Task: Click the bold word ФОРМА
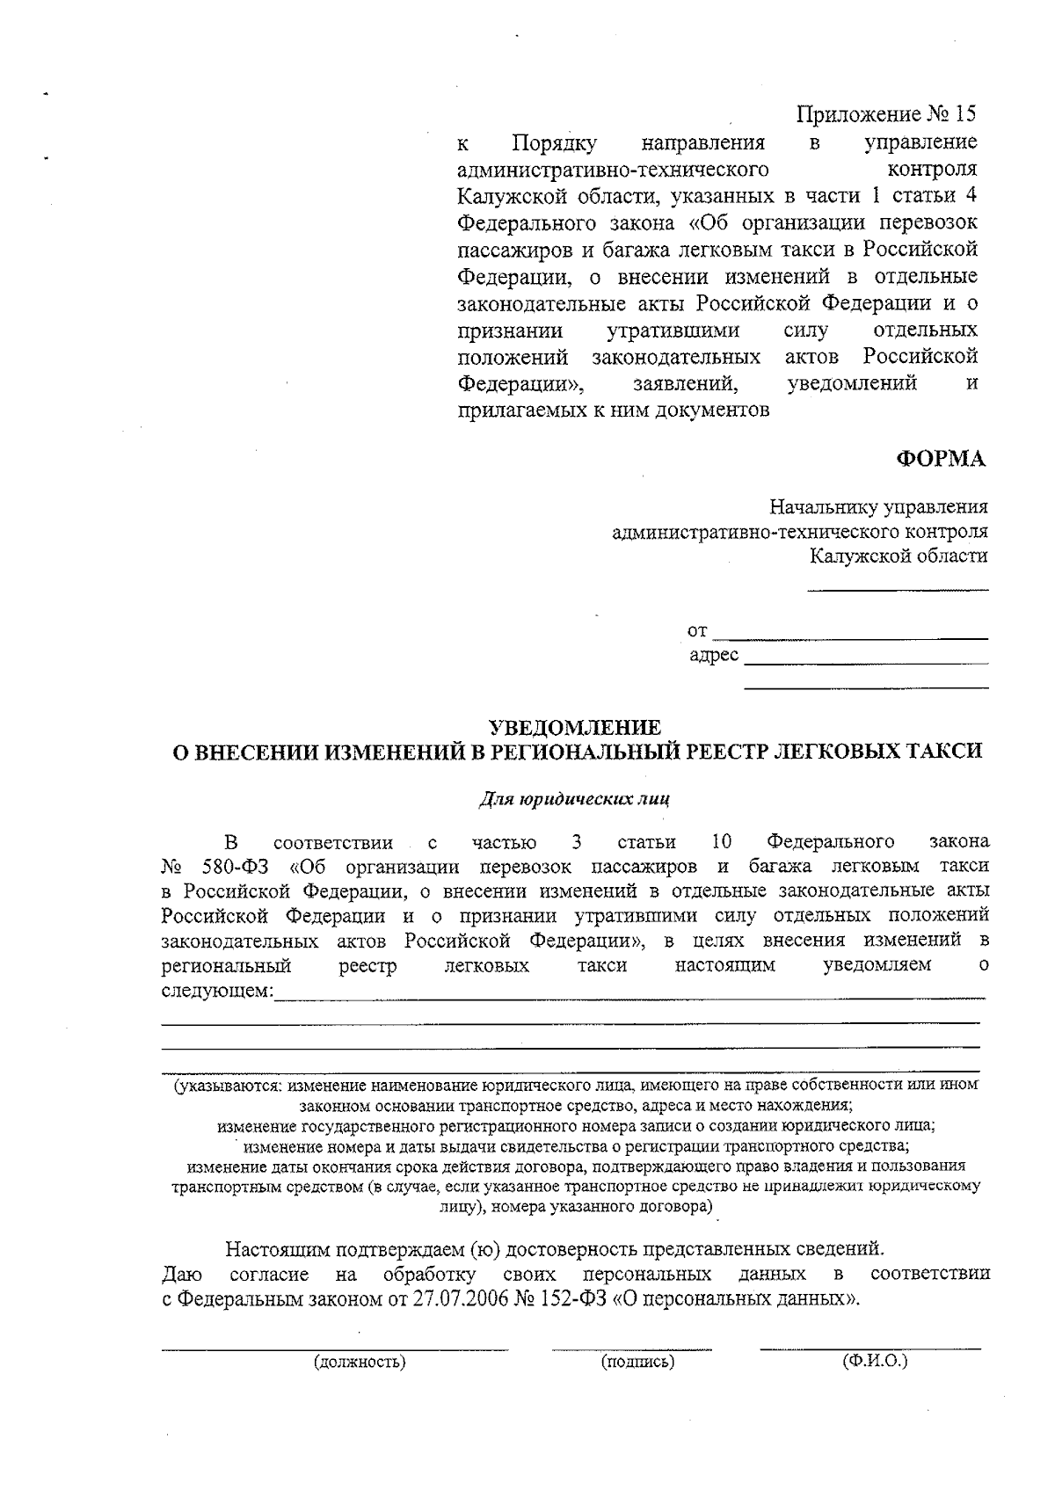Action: pyautogui.click(x=941, y=458)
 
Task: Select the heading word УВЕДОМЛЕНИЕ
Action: pyautogui.click(x=574, y=727)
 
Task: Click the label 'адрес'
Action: pyautogui.click(x=713, y=656)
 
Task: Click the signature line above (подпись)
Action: pyautogui.click(x=632, y=1348)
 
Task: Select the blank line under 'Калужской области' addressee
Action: pyautogui.click(x=898, y=589)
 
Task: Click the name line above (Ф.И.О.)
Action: pyautogui.click(x=869, y=1348)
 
